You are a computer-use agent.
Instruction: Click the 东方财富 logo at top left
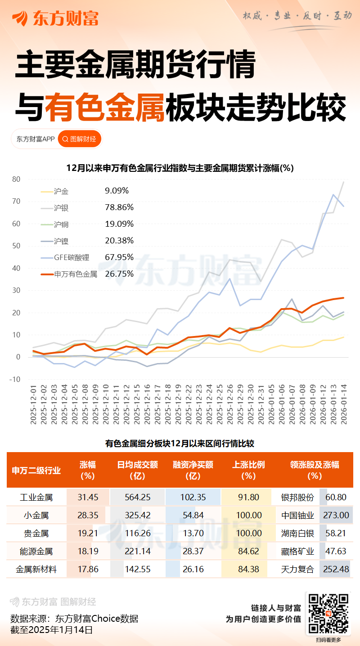pyautogui.click(x=55, y=18)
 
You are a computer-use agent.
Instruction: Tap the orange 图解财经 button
pyautogui.click(x=80, y=139)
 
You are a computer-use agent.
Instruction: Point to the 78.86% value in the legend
pyautogui.click(x=119, y=207)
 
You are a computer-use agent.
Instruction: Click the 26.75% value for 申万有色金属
pyautogui.click(x=119, y=274)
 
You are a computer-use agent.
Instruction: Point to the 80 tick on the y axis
pyautogui.click(x=16, y=179)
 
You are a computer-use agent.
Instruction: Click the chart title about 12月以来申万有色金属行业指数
pyautogui.click(x=180, y=168)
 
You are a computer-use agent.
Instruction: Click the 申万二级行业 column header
pyautogui.click(x=36, y=471)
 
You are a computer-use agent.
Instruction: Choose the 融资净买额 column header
pyautogui.click(x=193, y=470)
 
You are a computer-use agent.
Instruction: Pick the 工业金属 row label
pyautogui.click(x=36, y=498)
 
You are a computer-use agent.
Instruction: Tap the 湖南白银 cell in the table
pyautogui.click(x=297, y=534)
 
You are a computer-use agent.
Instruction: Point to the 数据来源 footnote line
pyautogui.click(x=74, y=619)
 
